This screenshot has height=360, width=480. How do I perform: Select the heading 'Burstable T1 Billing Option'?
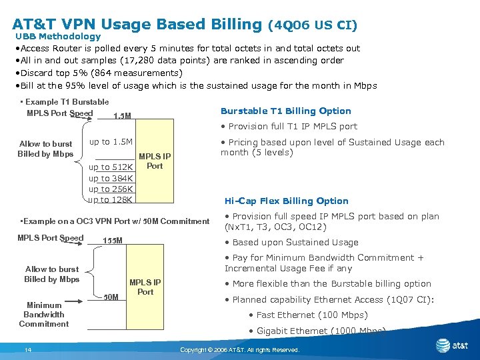(x=285, y=111)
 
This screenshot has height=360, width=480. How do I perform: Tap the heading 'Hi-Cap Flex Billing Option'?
(x=286, y=201)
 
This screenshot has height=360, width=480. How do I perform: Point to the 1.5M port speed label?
(x=122, y=116)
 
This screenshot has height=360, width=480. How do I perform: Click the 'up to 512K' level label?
(x=111, y=167)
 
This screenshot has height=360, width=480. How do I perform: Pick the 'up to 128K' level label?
(x=111, y=199)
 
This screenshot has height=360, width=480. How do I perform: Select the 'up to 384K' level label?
(x=111, y=178)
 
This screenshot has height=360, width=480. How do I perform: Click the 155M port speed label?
(x=113, y=240)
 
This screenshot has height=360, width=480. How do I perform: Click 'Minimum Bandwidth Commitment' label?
(x=44, y=315)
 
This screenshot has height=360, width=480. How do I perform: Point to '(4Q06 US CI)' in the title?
(x=312, y=25)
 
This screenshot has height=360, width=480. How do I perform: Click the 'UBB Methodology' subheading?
(x=57, y=37)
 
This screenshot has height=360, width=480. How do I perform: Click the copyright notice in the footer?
(x=240, y=350)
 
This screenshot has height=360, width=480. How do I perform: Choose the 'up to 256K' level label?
(x=111, y=189)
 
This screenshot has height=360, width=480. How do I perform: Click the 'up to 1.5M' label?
(x=111, y=142)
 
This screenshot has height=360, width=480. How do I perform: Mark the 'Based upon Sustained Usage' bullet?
(x=295, y=243)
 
